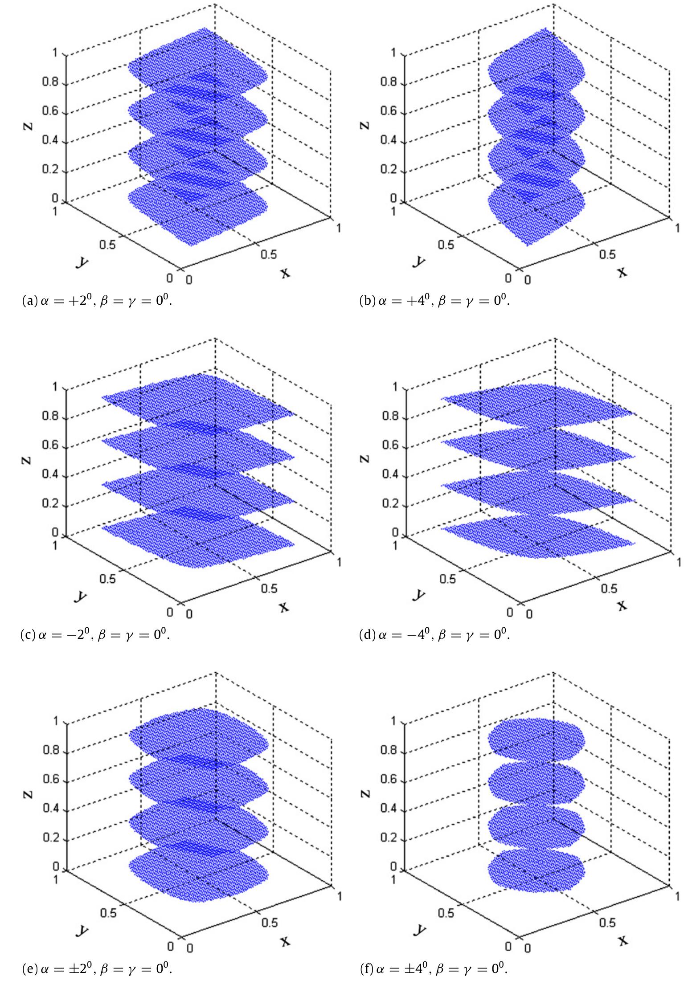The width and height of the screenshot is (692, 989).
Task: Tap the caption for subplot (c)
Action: click(x=95, y=634)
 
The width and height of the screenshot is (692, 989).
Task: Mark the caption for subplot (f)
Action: click(x=434, y=968)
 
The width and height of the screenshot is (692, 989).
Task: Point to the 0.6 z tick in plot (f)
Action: click(x=389, y=780)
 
